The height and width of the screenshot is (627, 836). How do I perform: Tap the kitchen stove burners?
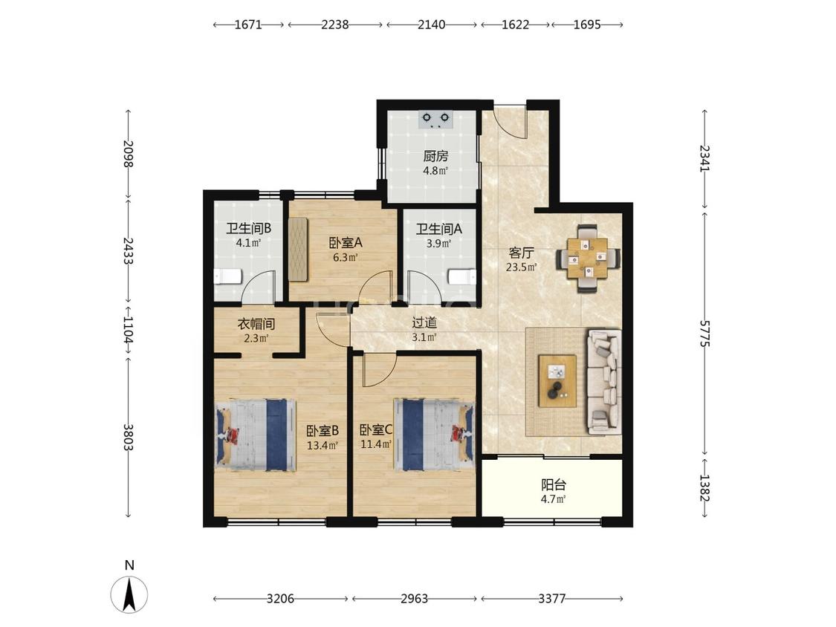click(x=435, y=120)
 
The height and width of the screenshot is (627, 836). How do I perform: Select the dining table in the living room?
click(x=588, y=258)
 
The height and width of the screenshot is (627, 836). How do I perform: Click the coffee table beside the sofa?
click(x=557, y=380)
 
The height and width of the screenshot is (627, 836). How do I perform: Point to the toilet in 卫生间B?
click(x=227, y=276)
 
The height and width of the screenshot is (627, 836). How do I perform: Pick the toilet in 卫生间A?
click(x=461, y=277)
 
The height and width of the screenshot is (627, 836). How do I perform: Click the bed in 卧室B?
click(x=256, y=435)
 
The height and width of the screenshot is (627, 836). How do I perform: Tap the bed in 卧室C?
click(x=433, y=435)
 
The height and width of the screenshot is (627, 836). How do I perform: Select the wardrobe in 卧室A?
click(x=298, y=248)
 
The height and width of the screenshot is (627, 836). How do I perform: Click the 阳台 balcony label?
click(x=554, y=485)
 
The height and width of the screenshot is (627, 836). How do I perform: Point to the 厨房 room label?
click(x=435, y=156)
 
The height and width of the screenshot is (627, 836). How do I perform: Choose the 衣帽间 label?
click(x=256, y=324)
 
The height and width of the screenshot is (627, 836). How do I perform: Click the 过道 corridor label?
click(x=424, y=322)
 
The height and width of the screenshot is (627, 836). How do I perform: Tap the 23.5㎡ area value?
click(x=522, y=267)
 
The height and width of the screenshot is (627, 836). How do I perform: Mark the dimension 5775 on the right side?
click(x=705, y=334)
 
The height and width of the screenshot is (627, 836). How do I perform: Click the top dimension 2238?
click(x=335, y=25)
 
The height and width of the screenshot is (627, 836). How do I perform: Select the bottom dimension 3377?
click(x=551, y=599)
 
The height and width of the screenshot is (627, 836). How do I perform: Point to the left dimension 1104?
click(x=128, y=331)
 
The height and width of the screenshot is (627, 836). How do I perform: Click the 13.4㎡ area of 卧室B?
click(x=323, y=446)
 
